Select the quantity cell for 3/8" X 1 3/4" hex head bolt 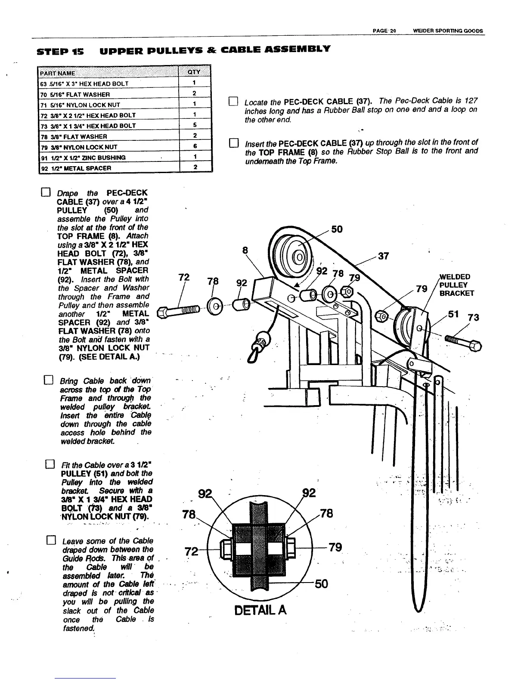(x=194, y=125)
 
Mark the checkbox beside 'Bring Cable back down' (x=49, y=381)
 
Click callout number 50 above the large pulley (x=337, y=229)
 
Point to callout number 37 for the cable (x=384, y=256)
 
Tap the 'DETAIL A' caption (x=260, y=610)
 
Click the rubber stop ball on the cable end (x=262, y=338)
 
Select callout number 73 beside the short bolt (x=474, y=317)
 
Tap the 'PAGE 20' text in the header (x=384, y=31)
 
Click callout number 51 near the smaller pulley (x=453, y=314)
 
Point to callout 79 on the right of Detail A (x=335, y=547)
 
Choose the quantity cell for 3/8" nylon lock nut (x=194, y=146)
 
